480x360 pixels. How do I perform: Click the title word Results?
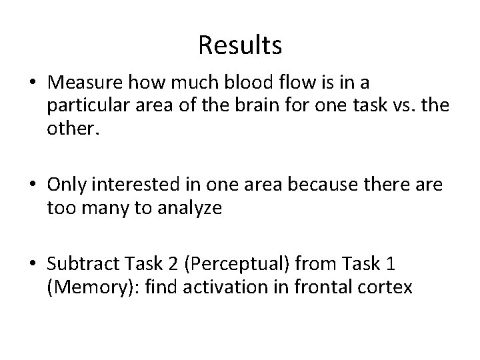pyautogui.click(x=240, y=46)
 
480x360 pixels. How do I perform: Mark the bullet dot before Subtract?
pyautogui.click(x=32, y=265)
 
